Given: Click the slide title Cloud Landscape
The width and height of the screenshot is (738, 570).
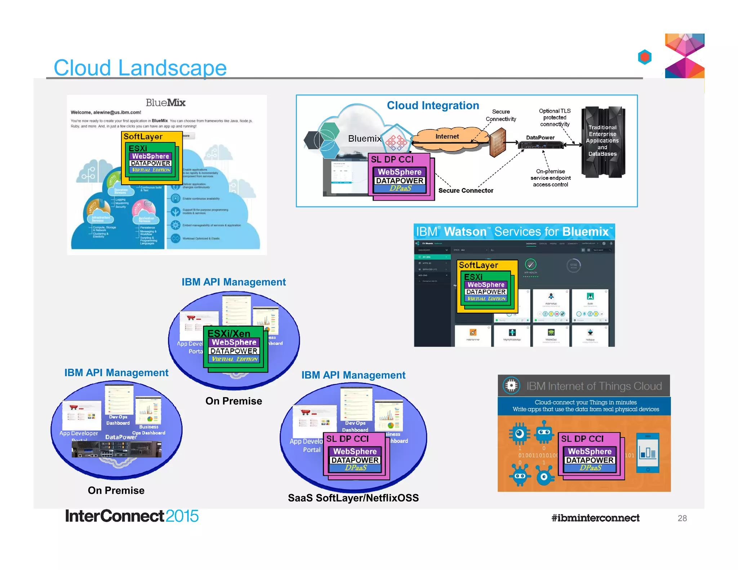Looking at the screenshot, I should pyautogui.click(x=140, y=67).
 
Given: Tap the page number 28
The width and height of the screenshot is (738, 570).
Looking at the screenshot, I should pyautogui.click(x=682, y=518).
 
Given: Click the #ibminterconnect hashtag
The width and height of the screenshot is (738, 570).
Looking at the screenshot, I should pyautogui.click(x=595, y=518).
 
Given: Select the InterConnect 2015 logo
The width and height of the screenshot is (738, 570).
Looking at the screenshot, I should pyautogui.click(x=132, y=516).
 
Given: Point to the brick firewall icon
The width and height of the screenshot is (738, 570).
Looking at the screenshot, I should pyautogui.click(x=498, y=143).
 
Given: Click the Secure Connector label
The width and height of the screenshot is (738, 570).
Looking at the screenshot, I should pyautogui.click(x=466, y=191).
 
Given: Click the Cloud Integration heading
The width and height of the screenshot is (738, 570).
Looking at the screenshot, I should pyautogui.click(x=433, y=106).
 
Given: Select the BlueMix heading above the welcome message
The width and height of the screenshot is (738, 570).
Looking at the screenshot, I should pyautogui.click(x=165, y=103).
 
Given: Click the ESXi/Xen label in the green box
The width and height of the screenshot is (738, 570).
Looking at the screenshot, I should pyautogui.click(x=229, y=333).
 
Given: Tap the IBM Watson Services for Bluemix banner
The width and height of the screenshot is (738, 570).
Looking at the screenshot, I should pyautogui.click(x=514, y=232).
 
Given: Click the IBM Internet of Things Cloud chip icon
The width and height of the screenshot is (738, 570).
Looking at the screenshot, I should pyautogui.click(x=511, y=386).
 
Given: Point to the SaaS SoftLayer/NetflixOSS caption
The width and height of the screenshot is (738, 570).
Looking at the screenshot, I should pyautogui.click(x=353, y=498).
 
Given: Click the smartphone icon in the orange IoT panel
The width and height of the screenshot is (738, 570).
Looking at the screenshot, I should pyautogui.click(x=648, y=453).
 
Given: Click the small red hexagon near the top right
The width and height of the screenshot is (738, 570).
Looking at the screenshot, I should pyautogui.click(x=645, y=57).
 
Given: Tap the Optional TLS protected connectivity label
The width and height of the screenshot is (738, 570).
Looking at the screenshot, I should pyautogui.click(x=555, y=117).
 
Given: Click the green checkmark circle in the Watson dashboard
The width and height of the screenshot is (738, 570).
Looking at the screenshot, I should pyautogui.click(x=530, y=264).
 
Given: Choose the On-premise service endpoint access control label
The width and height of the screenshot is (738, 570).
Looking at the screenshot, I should pyautogui.click(x=550, y=178).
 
